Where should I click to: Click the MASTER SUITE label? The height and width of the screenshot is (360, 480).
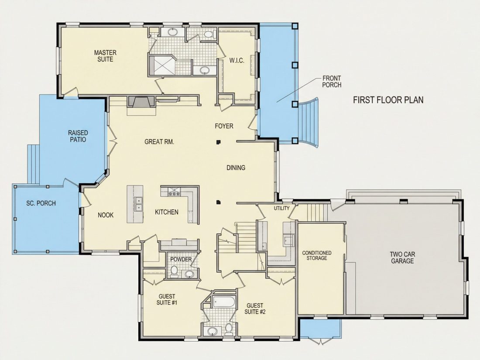point(105,56)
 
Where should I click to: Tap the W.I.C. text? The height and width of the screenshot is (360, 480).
point(237,60)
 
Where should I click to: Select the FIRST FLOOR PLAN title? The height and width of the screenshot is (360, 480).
point(388,100)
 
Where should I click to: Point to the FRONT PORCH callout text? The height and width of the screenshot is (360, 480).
point(332,82)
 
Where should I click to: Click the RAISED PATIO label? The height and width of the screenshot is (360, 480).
point(78,136)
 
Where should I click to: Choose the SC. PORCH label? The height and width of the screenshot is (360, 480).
point(41,203)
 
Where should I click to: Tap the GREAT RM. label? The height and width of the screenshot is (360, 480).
point(159,142)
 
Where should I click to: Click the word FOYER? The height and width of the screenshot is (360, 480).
point(224,126)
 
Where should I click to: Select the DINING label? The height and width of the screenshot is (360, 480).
point(236,168)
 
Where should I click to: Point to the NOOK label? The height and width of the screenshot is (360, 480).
point(106,215)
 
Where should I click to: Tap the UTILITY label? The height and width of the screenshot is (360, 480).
point(281,208)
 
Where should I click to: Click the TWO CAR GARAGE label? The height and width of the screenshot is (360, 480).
point(402,257)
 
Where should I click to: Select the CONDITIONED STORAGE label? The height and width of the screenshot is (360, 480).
point(317,255)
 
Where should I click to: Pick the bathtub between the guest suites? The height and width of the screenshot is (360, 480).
point(224,302)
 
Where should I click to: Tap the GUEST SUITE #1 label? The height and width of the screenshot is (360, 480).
point(167,299)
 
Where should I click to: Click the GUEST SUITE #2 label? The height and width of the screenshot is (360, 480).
point(255,309)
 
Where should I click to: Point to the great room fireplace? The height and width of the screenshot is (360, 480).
point(141,102)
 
